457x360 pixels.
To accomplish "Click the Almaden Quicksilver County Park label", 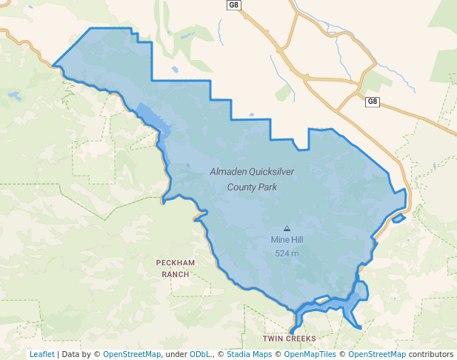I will click(x=253, y=179).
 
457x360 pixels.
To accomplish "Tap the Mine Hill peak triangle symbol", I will click(x=287, y=228).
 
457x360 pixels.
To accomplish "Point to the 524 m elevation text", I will click(x=287, y=253).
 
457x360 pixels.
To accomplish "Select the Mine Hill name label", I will click(x=287, y=240).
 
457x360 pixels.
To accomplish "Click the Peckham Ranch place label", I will click(x=175, y=268).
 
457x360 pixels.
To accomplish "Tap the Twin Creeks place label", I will click(x=289, y=339).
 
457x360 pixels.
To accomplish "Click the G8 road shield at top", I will click(x=234, y=5).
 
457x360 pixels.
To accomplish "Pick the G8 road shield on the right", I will click(x=372, y=101).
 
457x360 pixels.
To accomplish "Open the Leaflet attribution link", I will click(x=41, y=354).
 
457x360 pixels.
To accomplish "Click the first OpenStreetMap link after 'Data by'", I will click(x=132, y=354).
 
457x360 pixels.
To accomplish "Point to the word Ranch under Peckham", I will click(x=175, y=274).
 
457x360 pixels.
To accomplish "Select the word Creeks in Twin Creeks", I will click(x=301, y=339).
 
